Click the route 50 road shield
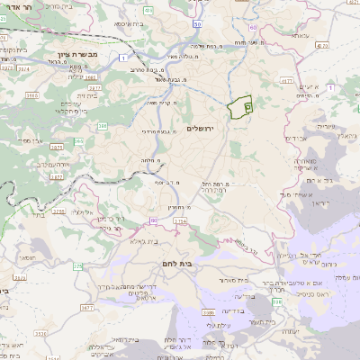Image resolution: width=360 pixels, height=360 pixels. point(195,24)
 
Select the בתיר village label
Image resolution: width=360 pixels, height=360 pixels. point(37,215)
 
